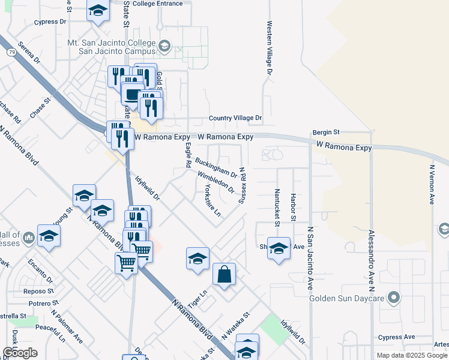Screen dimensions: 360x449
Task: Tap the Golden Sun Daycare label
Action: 346,298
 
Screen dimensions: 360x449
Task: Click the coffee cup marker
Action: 132,94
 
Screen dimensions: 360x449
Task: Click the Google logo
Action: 20,353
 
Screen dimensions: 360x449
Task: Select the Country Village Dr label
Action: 235,119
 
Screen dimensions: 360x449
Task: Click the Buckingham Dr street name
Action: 215,163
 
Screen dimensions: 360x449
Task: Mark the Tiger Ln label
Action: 197,298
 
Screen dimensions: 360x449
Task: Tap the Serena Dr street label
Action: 29,53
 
